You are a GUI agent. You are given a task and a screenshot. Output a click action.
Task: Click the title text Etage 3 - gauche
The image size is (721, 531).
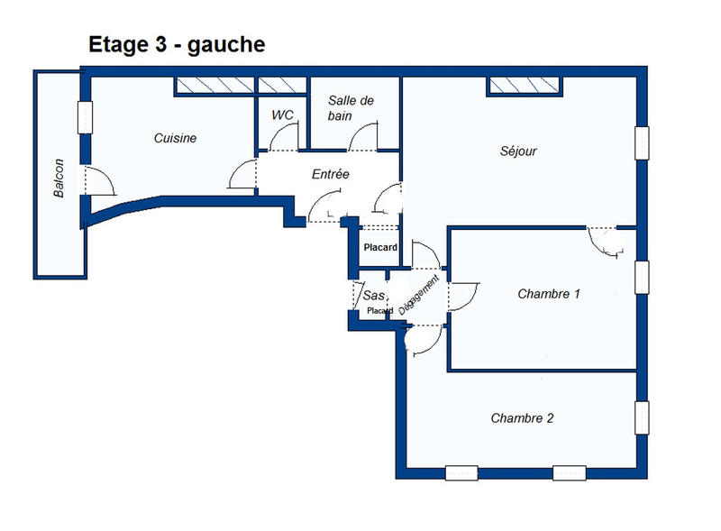coord(177,44)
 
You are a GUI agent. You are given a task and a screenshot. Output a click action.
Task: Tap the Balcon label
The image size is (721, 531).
coord(59,179)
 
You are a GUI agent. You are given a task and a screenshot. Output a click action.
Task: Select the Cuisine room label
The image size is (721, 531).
coord(175,138)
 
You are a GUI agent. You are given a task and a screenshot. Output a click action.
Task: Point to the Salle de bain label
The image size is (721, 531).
coord(351,108)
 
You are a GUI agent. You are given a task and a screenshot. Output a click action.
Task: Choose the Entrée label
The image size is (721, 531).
coord(330,174)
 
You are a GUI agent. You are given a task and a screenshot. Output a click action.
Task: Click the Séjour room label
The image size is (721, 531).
coord(518,151)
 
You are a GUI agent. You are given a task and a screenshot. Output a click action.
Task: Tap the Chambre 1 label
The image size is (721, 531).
coord(549,294)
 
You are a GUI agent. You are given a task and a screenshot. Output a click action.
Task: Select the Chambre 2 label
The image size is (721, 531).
coord(522,418)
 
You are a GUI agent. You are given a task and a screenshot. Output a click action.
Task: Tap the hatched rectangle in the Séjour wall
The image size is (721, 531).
coord(525,86)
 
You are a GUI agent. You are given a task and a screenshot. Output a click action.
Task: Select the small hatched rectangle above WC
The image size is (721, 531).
coord(283,86)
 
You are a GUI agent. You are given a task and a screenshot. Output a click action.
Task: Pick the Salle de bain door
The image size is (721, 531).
coord(364,137)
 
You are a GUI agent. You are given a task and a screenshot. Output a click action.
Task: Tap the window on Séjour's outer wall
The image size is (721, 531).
coord(642,142)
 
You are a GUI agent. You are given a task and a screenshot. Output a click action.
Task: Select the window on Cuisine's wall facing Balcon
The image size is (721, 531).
coord(85,116)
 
